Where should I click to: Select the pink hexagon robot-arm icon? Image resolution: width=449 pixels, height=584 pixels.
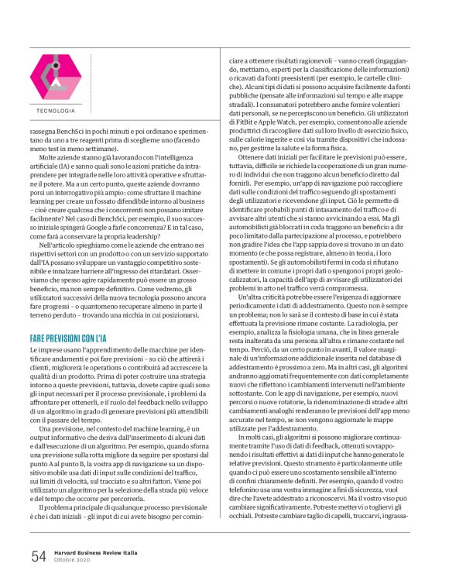(55, 77)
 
